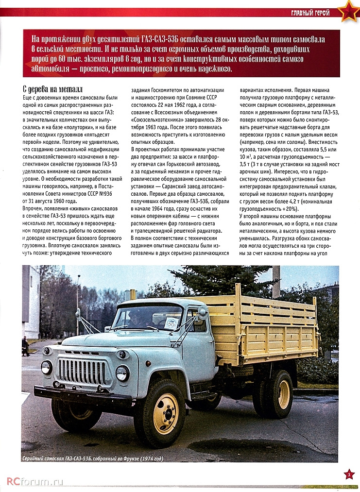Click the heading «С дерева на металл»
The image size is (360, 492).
pos(52,89)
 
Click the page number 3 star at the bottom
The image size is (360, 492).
pos(349,474)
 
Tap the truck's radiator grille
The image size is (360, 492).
pos(83,371)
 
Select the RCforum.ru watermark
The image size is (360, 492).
pos(35,481)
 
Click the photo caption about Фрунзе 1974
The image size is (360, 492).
pos(93,458)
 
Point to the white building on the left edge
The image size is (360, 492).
pos(30,301)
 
